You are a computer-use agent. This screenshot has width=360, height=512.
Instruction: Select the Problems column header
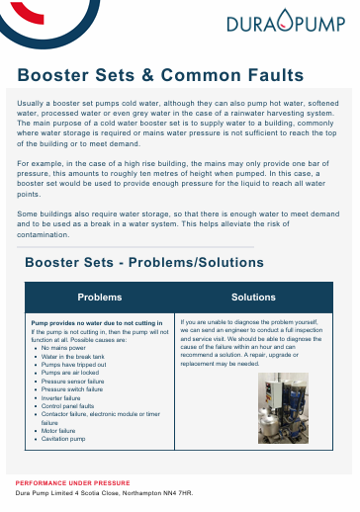point(99,297)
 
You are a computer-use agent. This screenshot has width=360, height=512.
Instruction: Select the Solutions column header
point(253,297)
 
